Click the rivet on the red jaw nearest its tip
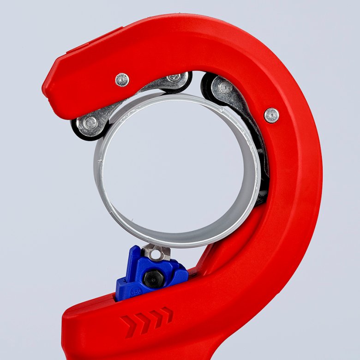click(x=122, y=80)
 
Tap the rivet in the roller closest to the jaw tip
click(x=91, y=123)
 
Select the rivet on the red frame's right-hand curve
click(x=271, y=115)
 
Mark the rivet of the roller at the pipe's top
click(x=174, y=78)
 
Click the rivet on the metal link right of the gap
click(x=225, y=87)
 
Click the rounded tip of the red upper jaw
click(x=49, y=88)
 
